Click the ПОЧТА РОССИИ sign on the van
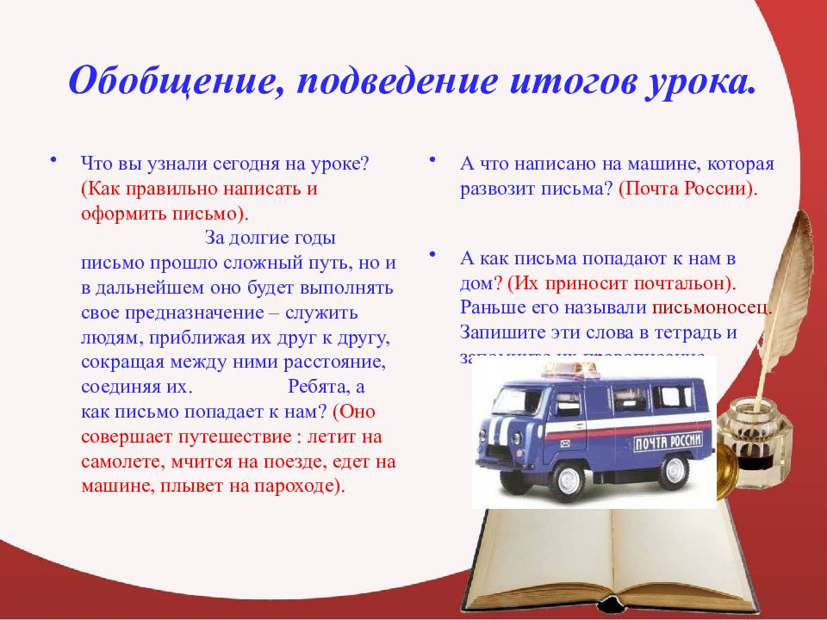point(674,443)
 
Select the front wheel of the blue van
point(568,480)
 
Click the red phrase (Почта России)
point(687,188)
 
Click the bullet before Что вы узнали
point(53,160)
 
